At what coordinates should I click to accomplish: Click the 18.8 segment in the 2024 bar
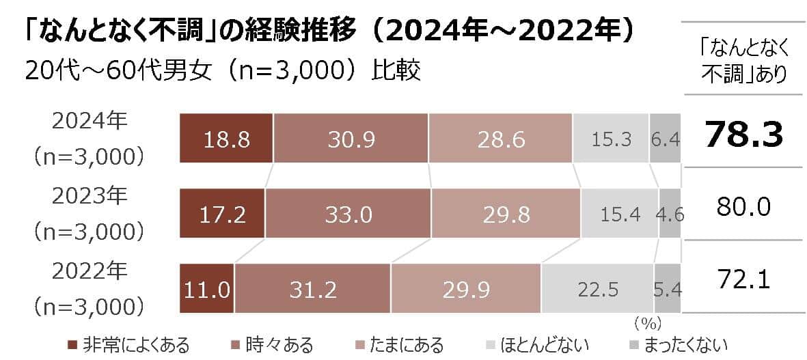tap(226, 139)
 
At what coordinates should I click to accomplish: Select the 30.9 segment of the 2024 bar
tap(351, 139)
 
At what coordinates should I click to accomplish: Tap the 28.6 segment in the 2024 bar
tap(500, 139)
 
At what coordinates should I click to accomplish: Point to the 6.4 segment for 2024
tap(665, 139)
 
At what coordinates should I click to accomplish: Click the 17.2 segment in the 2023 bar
tap(222, 214)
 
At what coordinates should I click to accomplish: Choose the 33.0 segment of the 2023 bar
tap(348, 214)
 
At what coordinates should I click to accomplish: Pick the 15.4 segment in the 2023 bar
tap(620, 214)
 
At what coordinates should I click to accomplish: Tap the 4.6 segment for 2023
tap(670, 214)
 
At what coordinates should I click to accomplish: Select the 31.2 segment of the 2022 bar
tap(313, 289)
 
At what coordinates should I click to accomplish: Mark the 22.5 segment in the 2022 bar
tap(598, 289)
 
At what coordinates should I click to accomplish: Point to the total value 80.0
tap(743, 205)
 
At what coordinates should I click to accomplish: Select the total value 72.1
tap(743, 279)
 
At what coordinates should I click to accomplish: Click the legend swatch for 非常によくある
tap(73, 343)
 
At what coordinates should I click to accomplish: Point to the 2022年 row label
tap(90, 271)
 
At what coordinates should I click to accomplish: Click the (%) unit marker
tap(647, 320)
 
